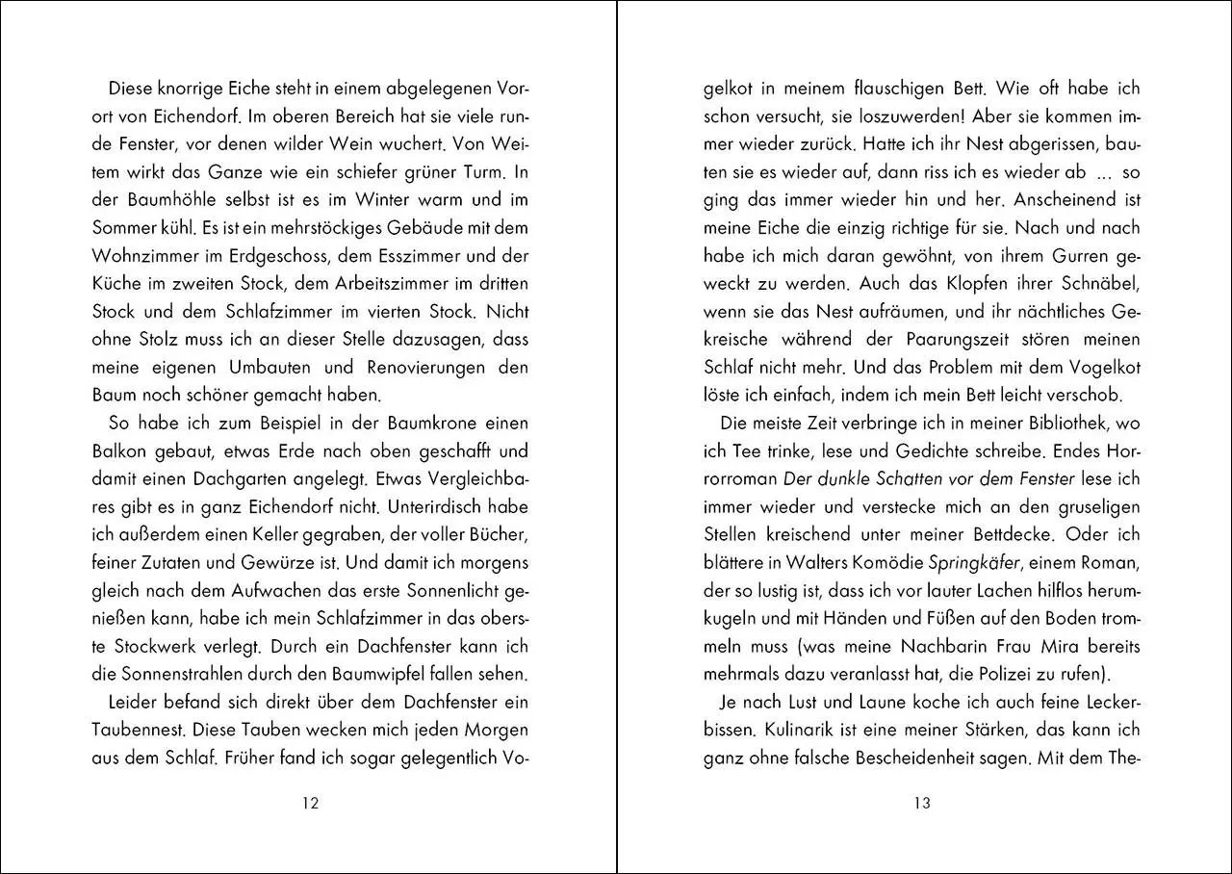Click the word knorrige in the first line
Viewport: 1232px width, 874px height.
(191, 88)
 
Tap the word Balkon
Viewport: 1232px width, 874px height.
(118, 451)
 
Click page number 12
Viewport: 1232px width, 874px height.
(310, 805)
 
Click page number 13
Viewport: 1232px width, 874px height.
(922, 805)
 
